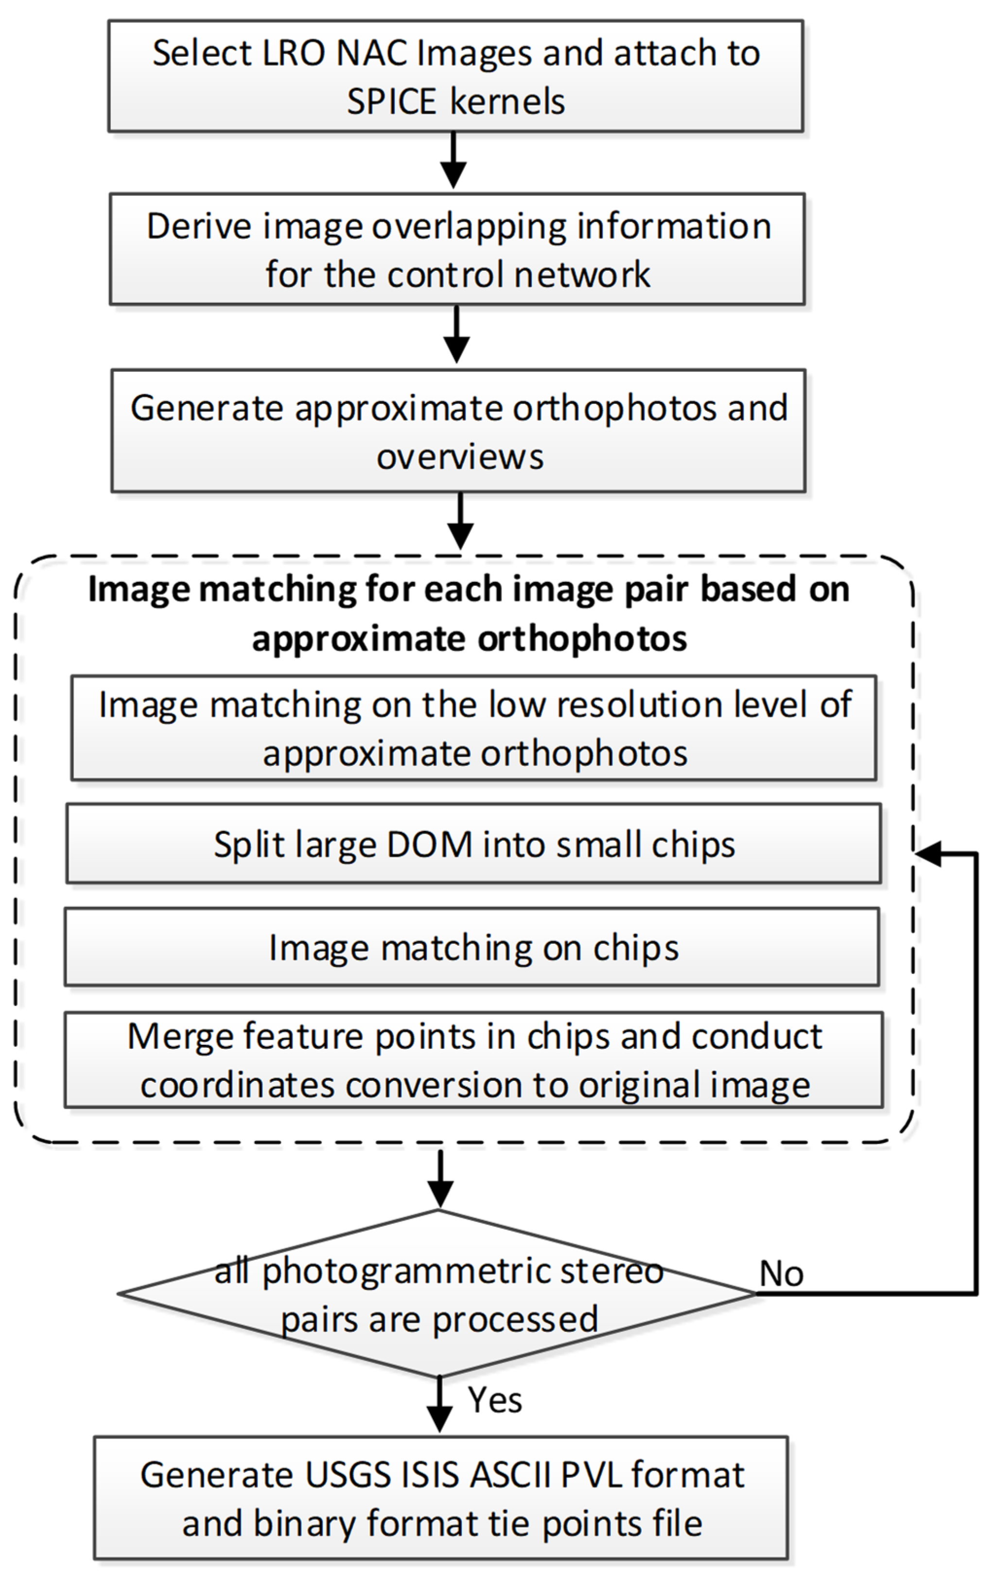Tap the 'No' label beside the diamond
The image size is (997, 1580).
point(780,1274)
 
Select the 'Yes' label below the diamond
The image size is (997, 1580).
point(495,1400)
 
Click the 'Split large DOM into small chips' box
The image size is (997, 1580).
point(473,844)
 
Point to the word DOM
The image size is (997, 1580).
point(429,845)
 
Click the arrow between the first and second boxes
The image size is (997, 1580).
point(454,161)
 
